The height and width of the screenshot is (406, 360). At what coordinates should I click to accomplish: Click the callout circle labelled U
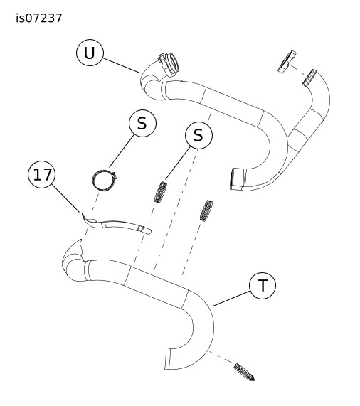(x=90, y=53)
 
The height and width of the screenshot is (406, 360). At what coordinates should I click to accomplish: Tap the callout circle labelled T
(x=263, y=286)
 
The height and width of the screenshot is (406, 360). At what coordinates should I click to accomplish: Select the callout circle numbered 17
(x=42, y=174)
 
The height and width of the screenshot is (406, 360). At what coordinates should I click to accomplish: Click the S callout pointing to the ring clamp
(x=142, y=123)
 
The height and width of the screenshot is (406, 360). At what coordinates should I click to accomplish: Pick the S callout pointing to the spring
(x=198, y=135)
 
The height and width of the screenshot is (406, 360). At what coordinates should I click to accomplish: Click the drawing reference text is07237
(x=39, y=18)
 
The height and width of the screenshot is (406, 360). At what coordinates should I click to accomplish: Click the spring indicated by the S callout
(x=161, y=192)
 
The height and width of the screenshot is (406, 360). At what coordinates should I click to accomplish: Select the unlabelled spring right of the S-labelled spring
(x=206, y=210)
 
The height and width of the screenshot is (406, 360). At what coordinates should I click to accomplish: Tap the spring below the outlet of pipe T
(x=244, y=372)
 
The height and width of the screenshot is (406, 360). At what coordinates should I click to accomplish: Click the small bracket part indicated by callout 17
(x=116, y=225)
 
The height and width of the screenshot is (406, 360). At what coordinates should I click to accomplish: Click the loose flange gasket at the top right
(x=287, y=62)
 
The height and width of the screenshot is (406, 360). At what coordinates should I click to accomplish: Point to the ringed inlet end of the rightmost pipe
(x=309, y=78)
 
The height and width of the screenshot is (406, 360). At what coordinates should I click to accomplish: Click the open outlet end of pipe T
(x=168, y=358)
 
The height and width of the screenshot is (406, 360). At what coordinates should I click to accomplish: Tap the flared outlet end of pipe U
(x=236, y=179)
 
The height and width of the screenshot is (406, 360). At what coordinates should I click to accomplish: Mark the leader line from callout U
(x=121, y=65)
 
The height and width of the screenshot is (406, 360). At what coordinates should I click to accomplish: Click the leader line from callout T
(x=231, y=299)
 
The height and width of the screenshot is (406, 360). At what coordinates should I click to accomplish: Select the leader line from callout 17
(x=65, y=198)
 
